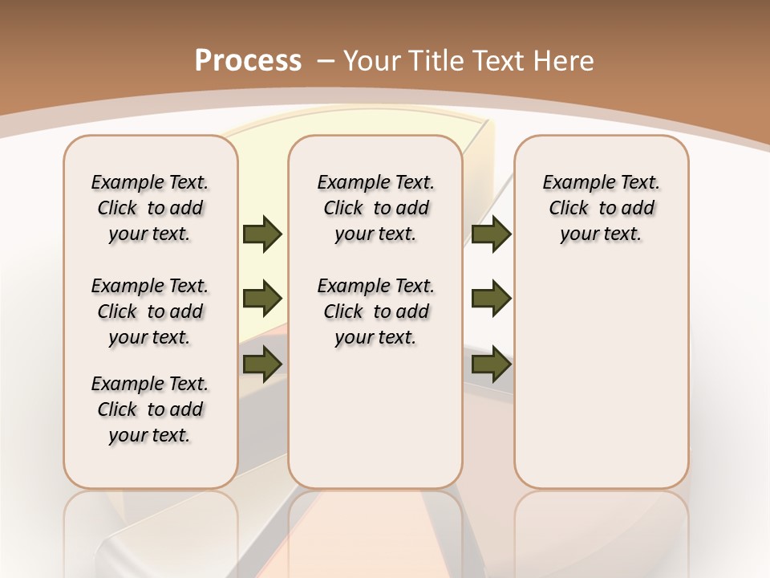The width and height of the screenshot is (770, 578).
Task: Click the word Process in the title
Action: (248, 61)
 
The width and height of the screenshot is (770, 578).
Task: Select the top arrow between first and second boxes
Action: (262, 234)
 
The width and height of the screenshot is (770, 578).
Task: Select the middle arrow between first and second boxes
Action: (262, 299)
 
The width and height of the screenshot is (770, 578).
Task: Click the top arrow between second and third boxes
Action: (492, 234)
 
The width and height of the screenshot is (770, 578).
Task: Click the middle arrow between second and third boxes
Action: (492, 299)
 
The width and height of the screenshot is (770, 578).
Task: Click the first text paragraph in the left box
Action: (150, 208)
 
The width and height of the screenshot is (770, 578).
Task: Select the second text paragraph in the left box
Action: (150, 311)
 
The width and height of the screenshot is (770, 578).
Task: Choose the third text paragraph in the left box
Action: (150, 409)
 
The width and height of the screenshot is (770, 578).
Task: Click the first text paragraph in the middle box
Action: (375, 208)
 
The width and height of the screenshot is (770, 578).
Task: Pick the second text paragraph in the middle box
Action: (375, 311)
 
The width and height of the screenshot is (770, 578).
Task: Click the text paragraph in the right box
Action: (601, 208)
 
